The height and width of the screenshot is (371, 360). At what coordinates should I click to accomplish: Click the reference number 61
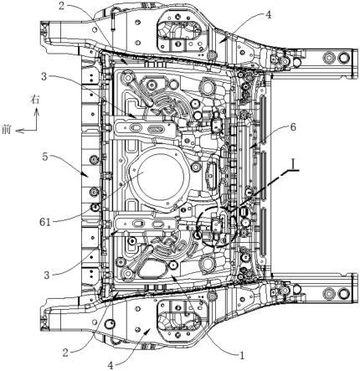click(x=45, y=222)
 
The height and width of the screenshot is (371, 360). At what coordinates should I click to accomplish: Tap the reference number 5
click(x=45, y=157)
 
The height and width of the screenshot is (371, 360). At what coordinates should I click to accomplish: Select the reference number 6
click(x=292, y=127)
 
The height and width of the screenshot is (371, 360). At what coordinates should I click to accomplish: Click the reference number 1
click(x=242, y=355)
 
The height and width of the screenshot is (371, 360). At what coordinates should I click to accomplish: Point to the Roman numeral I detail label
click(x=292, y=166)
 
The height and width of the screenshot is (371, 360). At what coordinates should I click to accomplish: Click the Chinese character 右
click(x=35, y=100)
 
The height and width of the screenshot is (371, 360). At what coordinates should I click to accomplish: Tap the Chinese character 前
click(x=6, y=129)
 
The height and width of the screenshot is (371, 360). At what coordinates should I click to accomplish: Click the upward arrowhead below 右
click(x=36, y=112)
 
